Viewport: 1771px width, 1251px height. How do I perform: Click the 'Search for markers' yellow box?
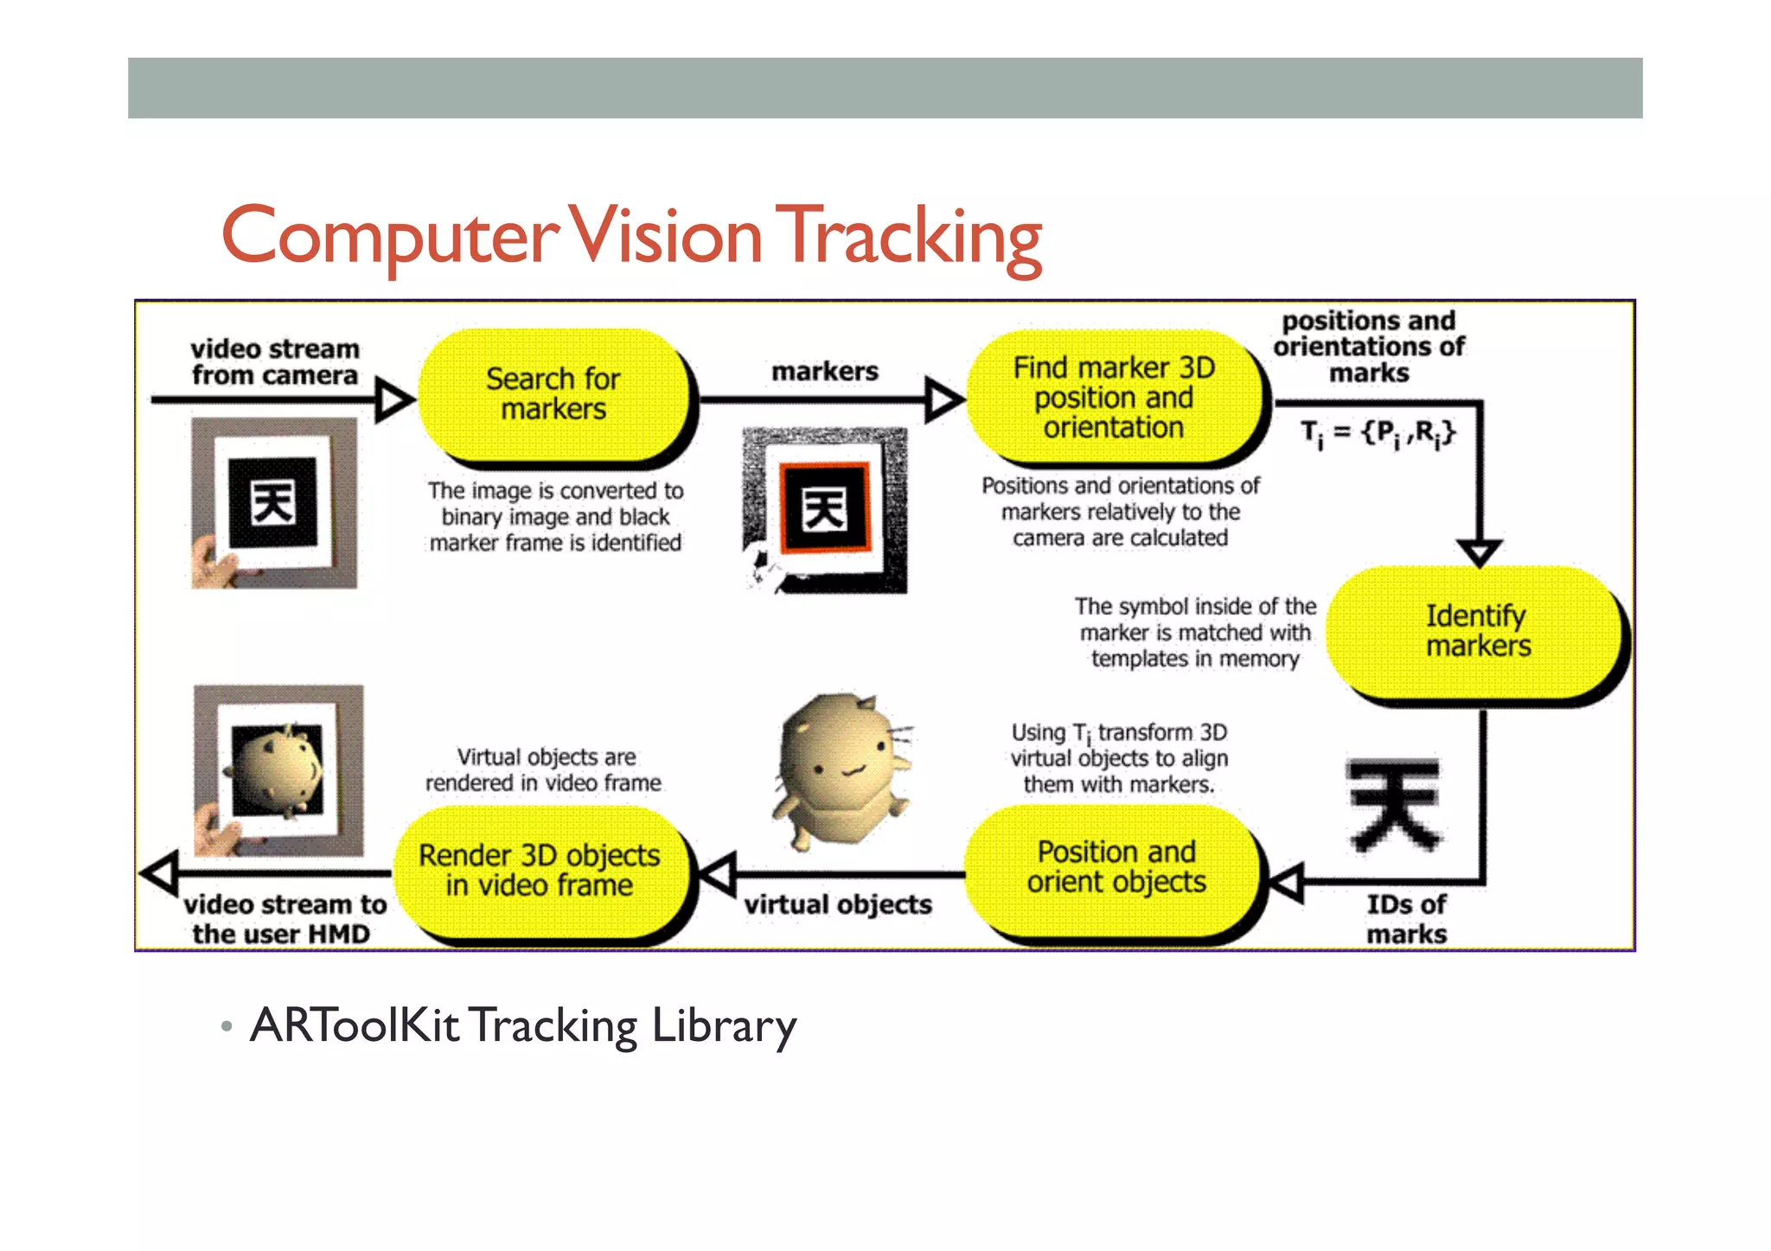click(x=553, y=394)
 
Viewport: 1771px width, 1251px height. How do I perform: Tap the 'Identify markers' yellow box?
click(x=1477, y=631)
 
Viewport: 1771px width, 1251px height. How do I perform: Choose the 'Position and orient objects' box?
click(x=1116, y=867)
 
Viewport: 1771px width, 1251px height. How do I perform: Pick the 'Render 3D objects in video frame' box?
click(x=540, y=870)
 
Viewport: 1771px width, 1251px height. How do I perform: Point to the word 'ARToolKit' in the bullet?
click(x=355, y=1025)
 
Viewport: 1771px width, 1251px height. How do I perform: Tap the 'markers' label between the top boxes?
click(x=824, y=372)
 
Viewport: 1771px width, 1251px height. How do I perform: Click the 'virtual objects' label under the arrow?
click(x=838, y=904)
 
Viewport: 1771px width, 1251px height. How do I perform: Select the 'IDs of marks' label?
click(x=1406, y=919)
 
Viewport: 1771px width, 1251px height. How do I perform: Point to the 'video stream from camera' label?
click(x=275, y=362)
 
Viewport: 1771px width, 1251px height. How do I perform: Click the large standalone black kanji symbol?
click(x=1394, y=804)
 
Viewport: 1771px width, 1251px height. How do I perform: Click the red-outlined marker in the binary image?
click(x=824, y=508)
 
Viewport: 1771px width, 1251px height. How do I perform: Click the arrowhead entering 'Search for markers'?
click(x=394, y=399)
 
